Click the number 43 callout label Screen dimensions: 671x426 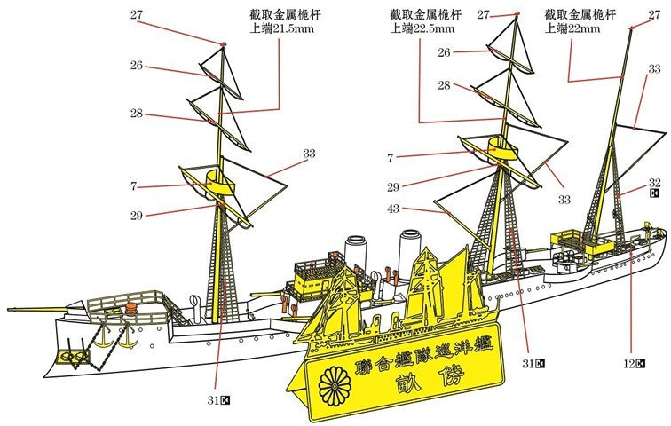tap(392, 209)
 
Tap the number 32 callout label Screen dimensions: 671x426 tap(654, 183)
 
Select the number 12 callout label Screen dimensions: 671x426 tap(629, 364)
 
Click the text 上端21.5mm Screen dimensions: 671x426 tap(281, 28)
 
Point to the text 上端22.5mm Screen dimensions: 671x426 tap(422, 28)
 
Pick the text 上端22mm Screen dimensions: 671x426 tap(572, 28)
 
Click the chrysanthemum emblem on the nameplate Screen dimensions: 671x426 tap(335, 387)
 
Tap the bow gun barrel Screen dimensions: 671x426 tap(36, 308)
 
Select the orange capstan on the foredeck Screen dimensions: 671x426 tap(131, 308)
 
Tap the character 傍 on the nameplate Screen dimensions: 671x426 tap(454, 377)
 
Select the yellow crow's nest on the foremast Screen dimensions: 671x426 tap(219, 185)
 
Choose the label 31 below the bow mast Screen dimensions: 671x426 tap(214, 400)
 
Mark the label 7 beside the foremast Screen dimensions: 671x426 tap(133, 186)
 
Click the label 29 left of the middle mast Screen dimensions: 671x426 tap(392, 187)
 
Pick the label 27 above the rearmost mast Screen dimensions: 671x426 tap(654, 14)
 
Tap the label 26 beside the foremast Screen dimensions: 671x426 tap(137, 66)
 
